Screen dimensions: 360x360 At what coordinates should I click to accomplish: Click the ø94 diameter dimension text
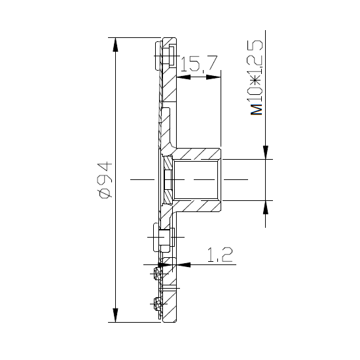point(105,180)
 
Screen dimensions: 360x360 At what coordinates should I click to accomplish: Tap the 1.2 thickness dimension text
point(220,255)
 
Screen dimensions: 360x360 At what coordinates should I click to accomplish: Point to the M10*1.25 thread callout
point(256,77)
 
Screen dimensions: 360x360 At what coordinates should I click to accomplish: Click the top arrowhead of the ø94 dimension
point(115,45)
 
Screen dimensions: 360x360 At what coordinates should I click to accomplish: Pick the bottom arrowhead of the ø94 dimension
point(115,315)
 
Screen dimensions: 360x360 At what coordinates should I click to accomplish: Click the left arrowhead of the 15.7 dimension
point(183,77)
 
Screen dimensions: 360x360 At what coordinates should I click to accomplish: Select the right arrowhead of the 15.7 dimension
point(213,77)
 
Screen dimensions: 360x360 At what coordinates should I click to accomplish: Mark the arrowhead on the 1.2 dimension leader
point(183,264)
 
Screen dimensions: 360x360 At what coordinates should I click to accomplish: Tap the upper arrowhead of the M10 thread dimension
point(265,152)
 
